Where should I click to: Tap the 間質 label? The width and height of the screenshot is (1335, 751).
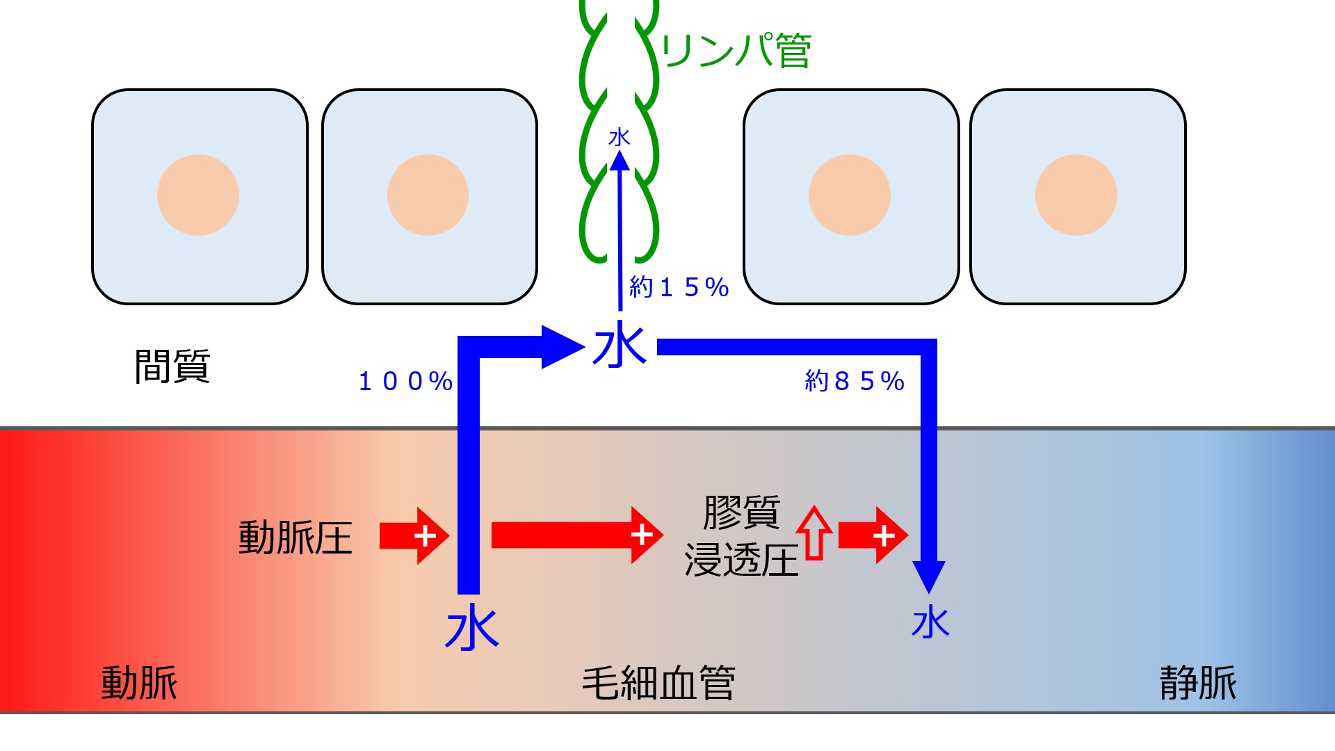pos(172,366)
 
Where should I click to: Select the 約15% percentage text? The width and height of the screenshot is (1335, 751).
pos(679,286)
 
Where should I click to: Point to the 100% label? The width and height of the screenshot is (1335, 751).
pos(405,381)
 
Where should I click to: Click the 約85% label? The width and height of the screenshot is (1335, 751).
pos(854,381)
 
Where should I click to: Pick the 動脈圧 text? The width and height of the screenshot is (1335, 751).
pos(296,538)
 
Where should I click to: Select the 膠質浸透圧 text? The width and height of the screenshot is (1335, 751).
pos(741,536)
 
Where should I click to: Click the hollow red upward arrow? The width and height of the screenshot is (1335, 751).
pos(814,533)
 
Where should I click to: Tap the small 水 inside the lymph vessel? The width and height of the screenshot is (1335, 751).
pos(619,137)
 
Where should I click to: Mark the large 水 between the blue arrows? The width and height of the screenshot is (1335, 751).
pos(620,346)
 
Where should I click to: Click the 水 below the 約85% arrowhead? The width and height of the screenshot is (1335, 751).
pos(930,622)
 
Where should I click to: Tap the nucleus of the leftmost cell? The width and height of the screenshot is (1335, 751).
pos(198,195)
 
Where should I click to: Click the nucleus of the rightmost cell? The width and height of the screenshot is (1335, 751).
pos(1076,195)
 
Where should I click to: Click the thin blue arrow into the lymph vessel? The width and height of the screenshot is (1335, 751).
pos(620,229)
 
